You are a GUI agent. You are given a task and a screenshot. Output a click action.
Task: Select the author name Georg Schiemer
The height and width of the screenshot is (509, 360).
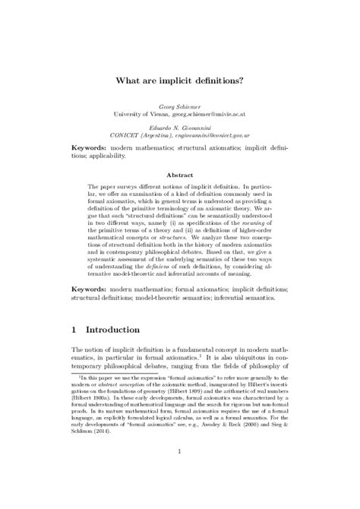point(179,105)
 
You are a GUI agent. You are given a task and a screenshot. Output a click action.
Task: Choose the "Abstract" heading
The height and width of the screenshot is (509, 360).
point(179,173)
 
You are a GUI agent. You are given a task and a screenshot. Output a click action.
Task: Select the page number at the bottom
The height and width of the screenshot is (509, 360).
point(180,476)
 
